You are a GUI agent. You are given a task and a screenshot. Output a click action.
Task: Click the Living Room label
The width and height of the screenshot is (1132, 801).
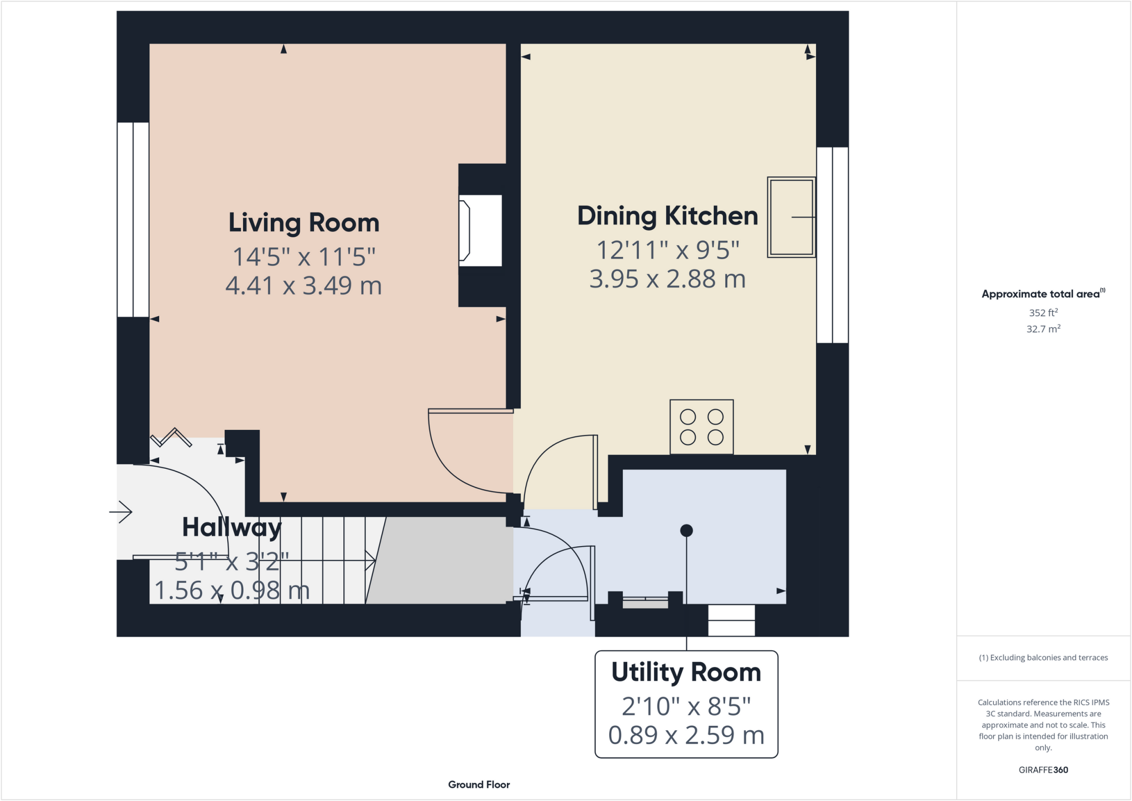coord(303,223)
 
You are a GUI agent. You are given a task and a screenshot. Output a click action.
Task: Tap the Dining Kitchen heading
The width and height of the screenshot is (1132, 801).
coord(667,216)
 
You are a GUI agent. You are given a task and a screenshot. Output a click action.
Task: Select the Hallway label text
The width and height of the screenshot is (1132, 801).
coord(232,527)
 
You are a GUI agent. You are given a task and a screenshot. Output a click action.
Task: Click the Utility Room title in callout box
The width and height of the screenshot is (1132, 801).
coord(686,672)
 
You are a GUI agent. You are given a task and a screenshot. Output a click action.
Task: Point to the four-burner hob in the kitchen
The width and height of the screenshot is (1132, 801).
coord(701,427)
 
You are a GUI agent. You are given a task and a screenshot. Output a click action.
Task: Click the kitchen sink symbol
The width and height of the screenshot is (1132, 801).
coord(791,217)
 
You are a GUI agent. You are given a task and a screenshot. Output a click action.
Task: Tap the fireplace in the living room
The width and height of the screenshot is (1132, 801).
coord(480,231)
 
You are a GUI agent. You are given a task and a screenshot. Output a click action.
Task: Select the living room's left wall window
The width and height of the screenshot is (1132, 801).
coord(133,219)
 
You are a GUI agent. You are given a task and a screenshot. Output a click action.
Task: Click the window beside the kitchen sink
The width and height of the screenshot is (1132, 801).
coord(832,245)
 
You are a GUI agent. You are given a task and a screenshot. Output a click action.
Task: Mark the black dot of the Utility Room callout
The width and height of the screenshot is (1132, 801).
coord(686,531)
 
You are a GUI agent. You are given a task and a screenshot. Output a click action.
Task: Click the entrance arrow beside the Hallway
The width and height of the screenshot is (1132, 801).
coord(121,512)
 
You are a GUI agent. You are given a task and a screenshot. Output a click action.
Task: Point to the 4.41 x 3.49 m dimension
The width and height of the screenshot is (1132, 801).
coord(303,286)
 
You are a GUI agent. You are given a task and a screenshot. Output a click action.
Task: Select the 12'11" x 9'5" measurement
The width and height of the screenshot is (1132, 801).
coord(667,250)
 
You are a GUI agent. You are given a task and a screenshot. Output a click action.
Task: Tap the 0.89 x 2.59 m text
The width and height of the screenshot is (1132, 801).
coord(686,735)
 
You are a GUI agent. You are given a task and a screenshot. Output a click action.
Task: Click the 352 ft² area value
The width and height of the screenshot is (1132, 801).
coord(1043,313)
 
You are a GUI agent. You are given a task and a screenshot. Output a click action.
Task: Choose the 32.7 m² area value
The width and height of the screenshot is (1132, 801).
coord(1043,329)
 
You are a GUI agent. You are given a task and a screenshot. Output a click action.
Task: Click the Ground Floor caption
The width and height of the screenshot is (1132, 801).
coord(479,784)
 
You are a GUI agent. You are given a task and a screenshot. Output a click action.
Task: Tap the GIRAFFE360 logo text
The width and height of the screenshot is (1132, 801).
coord(1043,770)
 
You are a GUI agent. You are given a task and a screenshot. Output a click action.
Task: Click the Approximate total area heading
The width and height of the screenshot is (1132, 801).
coord(1042,294)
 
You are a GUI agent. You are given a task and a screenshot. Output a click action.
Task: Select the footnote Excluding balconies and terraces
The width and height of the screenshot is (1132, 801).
coord(1043,658)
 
